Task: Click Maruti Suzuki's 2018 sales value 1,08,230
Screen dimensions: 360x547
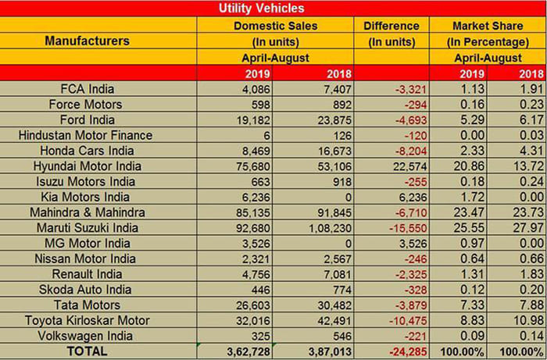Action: (327, 228)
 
